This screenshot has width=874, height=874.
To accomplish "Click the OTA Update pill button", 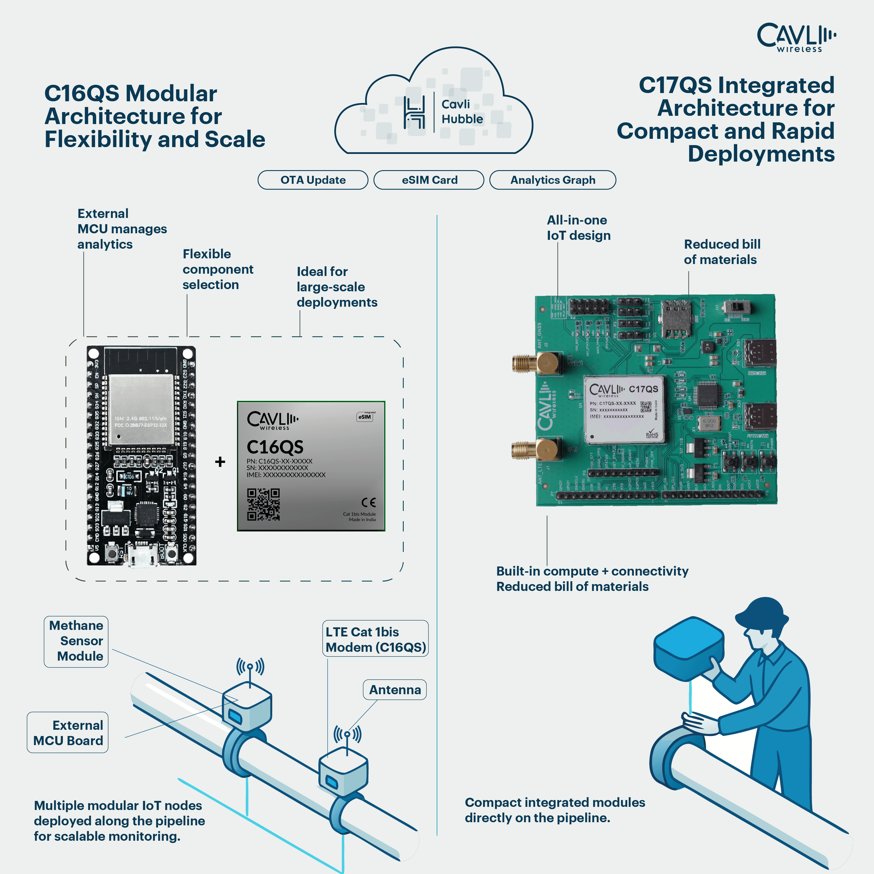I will pyautogui.click(x=313, y=180).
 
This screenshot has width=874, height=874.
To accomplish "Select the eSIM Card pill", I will pyautogui.click(x=429, y=180).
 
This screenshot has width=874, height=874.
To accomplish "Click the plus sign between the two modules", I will pyautogui.click(x=220, y=461).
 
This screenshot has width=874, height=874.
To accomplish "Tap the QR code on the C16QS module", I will pyautogui.click(x=263, y=504).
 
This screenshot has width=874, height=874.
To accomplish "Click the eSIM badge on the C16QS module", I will pyautogui.click(x=365, y=417).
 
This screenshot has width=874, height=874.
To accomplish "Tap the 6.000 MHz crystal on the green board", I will pyautogui.click(x=709, y=423).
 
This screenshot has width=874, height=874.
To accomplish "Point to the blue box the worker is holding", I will pyautogui.click(x=688, y=647).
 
